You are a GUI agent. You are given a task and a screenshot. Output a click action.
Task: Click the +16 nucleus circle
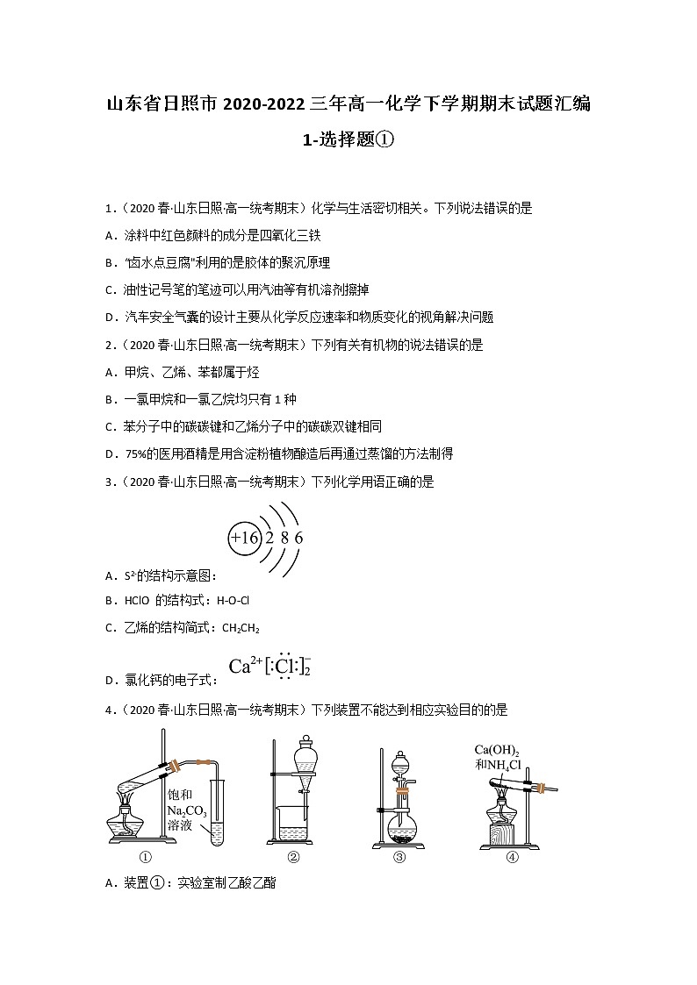coord(244,537)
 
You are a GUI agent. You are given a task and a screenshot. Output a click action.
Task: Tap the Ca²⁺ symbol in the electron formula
coord(242,666)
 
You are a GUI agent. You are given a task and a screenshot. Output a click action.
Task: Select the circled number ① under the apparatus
coord(147,858)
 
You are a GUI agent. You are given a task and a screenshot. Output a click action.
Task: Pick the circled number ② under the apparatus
coord(294,858)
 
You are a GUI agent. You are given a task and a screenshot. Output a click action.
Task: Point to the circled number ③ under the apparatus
coord(399,858)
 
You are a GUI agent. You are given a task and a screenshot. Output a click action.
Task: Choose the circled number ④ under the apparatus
coord(513,858)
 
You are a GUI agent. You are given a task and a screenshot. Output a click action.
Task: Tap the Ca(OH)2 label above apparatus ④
coord(497,750)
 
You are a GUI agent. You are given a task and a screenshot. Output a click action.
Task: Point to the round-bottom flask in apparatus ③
coord(400,824)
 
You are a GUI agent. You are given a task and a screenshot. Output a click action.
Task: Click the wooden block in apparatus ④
coord(501,833)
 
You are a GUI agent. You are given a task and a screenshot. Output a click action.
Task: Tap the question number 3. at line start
coord(110,482)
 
